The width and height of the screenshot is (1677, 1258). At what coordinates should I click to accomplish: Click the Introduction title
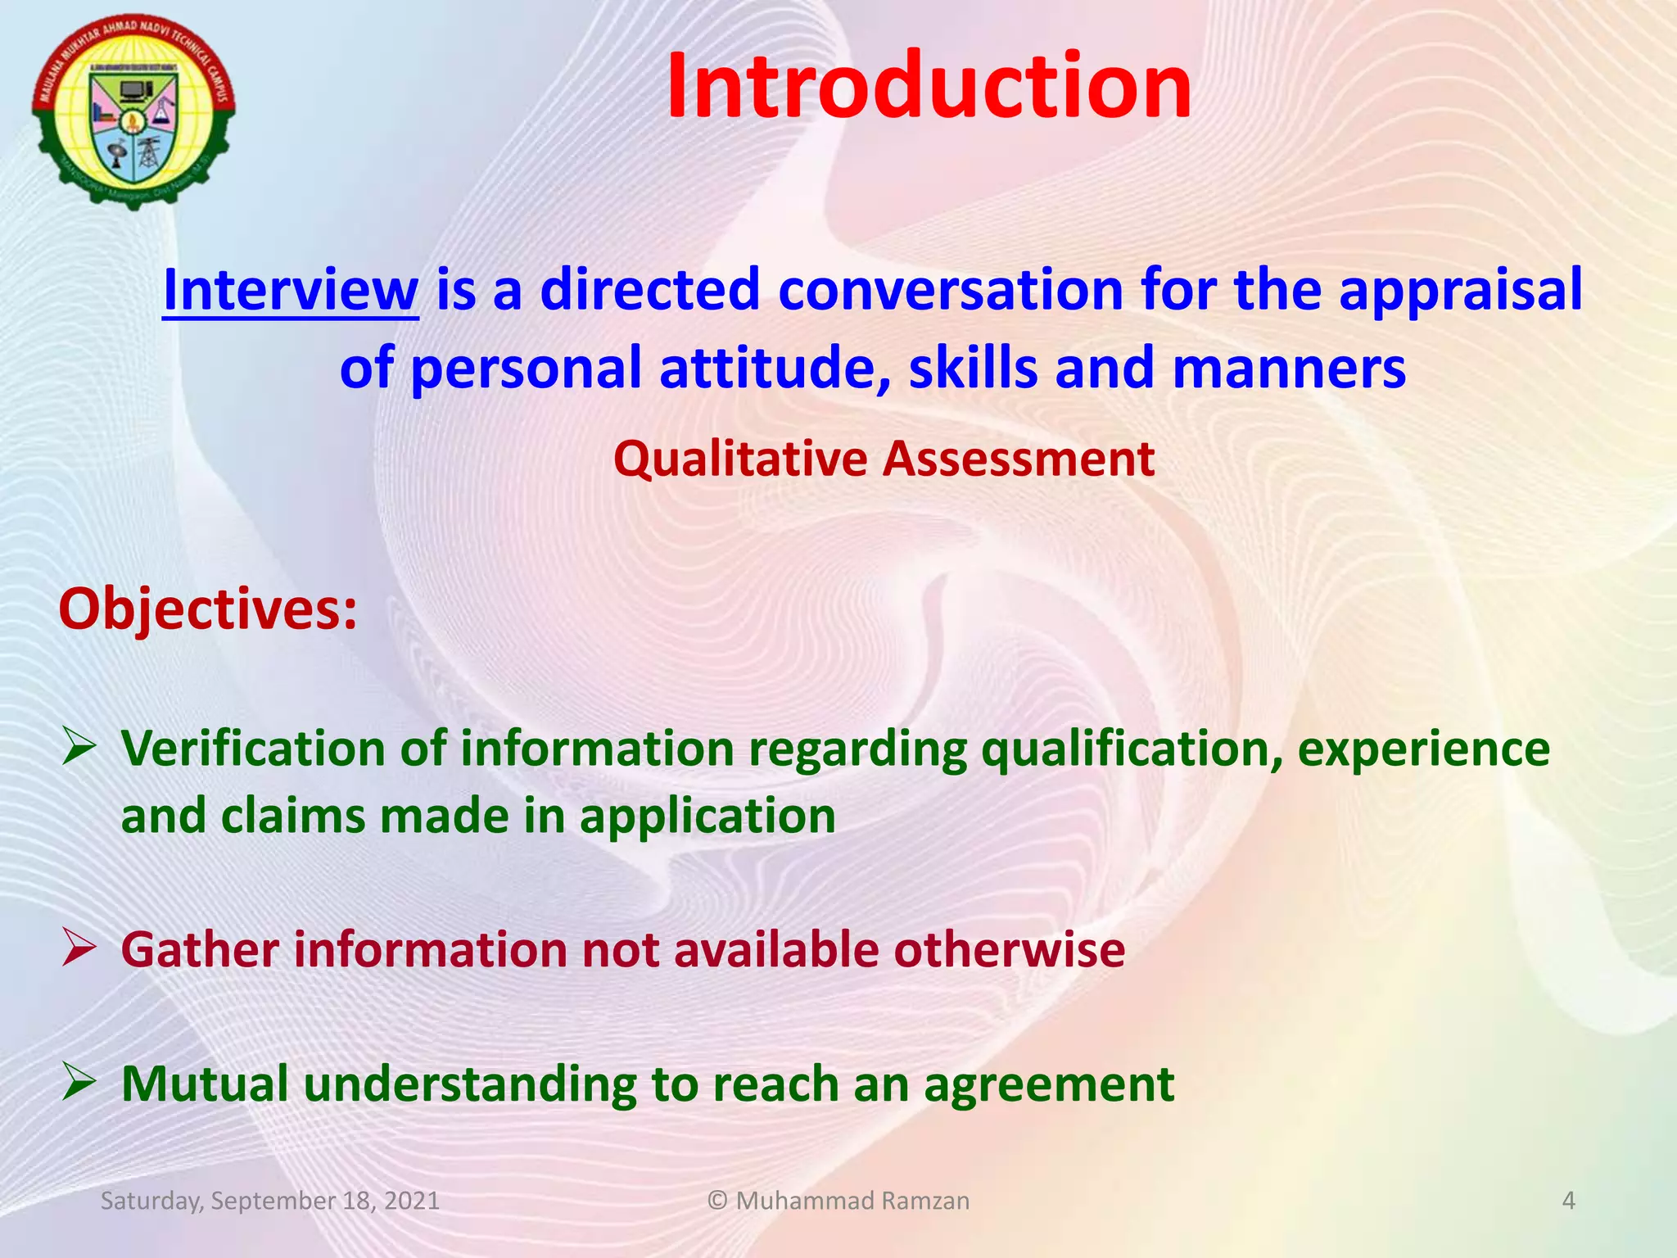(929, 87)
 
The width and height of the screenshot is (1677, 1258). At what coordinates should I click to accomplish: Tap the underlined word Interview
(291, 290)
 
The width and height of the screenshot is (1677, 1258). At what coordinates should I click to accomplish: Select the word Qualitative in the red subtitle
(740, 459)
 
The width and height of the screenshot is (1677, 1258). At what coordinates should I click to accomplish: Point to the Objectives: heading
(208, 610)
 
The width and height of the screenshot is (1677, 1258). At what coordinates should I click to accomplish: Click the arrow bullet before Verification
(80, 749)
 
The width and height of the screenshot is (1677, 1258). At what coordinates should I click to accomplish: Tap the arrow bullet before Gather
(80, 949)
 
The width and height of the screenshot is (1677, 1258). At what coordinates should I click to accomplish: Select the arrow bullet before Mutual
(80, 1083)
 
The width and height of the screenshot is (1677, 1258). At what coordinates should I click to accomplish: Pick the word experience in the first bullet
(1423, 750)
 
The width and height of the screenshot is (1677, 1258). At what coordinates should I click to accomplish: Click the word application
(707, 817)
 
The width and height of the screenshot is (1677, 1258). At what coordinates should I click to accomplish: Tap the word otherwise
(1009, 949)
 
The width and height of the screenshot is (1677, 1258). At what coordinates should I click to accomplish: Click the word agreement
(1049, 1084)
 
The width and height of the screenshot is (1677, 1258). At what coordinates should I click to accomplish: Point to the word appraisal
(1460, 292)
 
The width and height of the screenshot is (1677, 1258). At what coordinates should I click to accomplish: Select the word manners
(1289, 369)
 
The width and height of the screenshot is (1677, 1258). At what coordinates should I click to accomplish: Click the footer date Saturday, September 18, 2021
(269, 1201)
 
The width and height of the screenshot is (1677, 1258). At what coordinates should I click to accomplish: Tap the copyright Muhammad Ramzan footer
(838, 1201)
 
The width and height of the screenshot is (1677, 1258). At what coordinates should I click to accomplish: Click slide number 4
(1568, 1201)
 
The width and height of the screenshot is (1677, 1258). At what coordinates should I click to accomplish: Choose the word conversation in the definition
(950, 290)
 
